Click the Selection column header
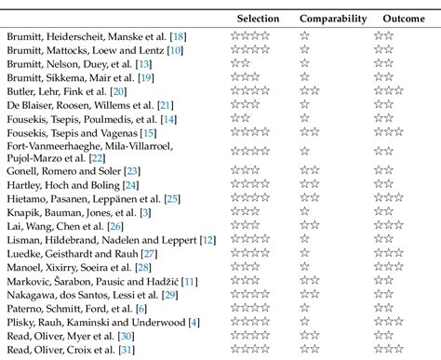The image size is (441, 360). pos(257,18)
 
